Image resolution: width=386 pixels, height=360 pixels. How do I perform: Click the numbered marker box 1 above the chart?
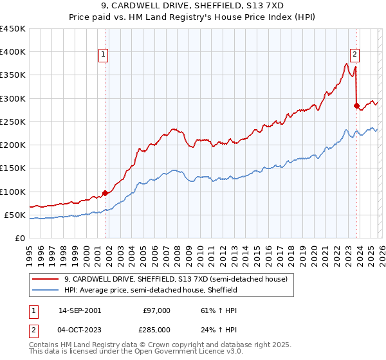click(x=104, y=55)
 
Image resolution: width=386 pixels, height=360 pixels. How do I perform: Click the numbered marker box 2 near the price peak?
click(x=354, y=55)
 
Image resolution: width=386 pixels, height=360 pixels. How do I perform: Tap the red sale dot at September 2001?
click(x=105, y=192)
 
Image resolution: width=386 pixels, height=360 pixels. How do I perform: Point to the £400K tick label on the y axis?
click(x=12, y=52)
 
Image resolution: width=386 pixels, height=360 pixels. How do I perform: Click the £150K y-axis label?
click(x=12, y=168)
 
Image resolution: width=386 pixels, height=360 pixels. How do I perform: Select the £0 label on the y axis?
click(x=19, y=238)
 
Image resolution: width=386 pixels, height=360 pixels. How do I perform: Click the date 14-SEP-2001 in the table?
click(x=79, y=310)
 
